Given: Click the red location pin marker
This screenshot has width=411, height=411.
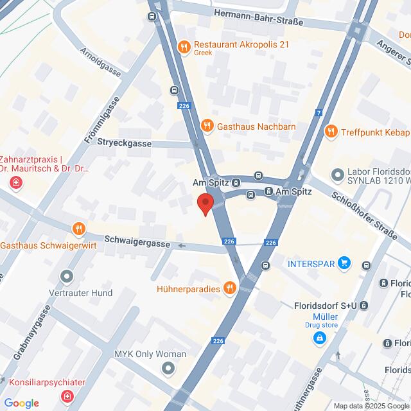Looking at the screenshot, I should pyautogui.click(x=205, y=204).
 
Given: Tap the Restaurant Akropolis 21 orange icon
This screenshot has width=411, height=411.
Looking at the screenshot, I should pyautogui.click(x=184, y=46).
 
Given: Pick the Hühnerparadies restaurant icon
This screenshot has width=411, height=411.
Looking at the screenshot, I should pyautogui.click(x=229, y=288).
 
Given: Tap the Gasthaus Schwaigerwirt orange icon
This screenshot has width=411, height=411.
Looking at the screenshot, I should pyautogui.click(x=78, y=229).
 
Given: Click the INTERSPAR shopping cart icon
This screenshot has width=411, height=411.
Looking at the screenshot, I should pyautogui.click(x=345, y=263).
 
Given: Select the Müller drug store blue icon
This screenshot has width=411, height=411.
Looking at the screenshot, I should pyautogui.click(x=319, y=339).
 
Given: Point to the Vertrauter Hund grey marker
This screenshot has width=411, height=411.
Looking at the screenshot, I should pyautogui.click(x=66, y=277).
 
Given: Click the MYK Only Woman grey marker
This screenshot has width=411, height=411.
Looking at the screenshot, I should pyautogui.click(x=168, y=368).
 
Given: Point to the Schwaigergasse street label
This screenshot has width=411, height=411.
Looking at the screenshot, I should pyautogui.click(x=139, y=245).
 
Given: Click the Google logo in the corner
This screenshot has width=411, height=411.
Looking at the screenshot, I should pyautogui.click(x=21, y=403).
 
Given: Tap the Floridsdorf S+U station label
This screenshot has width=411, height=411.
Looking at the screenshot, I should pyautogui.click(x=326, y=306).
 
